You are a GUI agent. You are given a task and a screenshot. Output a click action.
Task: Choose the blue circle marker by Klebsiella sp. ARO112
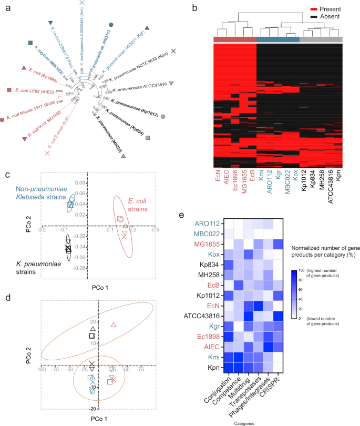[111, 25]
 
